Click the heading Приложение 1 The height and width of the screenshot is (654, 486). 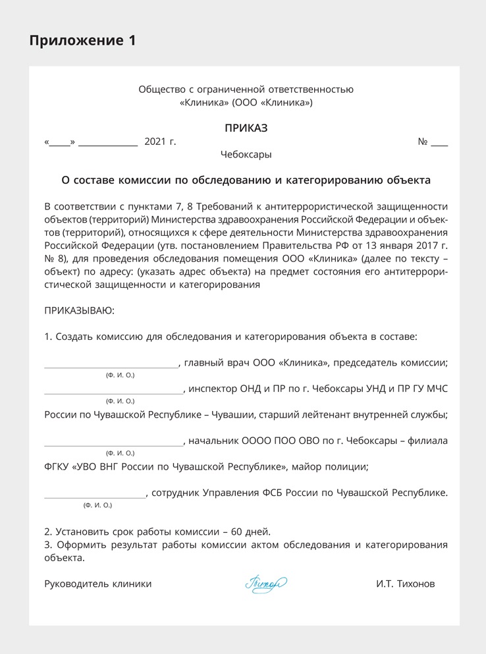click(82, 40)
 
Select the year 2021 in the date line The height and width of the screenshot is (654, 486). click(155, 142)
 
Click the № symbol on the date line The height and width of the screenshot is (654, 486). click(423, 142)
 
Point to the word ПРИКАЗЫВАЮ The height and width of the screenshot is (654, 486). click(79, 310)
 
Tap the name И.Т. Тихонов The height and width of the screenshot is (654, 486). click(406, 584)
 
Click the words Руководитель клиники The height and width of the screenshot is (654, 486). click(97, 584)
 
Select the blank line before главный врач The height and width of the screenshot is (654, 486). click(111, 366)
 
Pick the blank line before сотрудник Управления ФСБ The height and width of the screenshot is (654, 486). click(95, 496)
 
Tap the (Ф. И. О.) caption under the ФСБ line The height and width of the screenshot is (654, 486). click(97, 505)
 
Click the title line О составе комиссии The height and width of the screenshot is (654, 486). click(246, 179)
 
